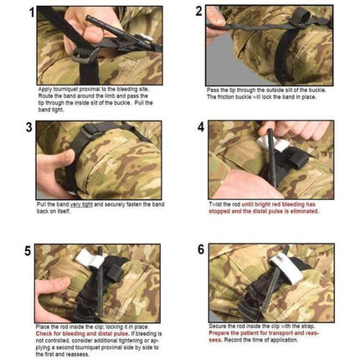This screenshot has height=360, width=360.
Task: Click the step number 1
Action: coord(30,13)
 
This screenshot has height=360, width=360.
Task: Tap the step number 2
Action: coord(199,12)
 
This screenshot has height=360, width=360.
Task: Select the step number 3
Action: coord(30,128)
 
